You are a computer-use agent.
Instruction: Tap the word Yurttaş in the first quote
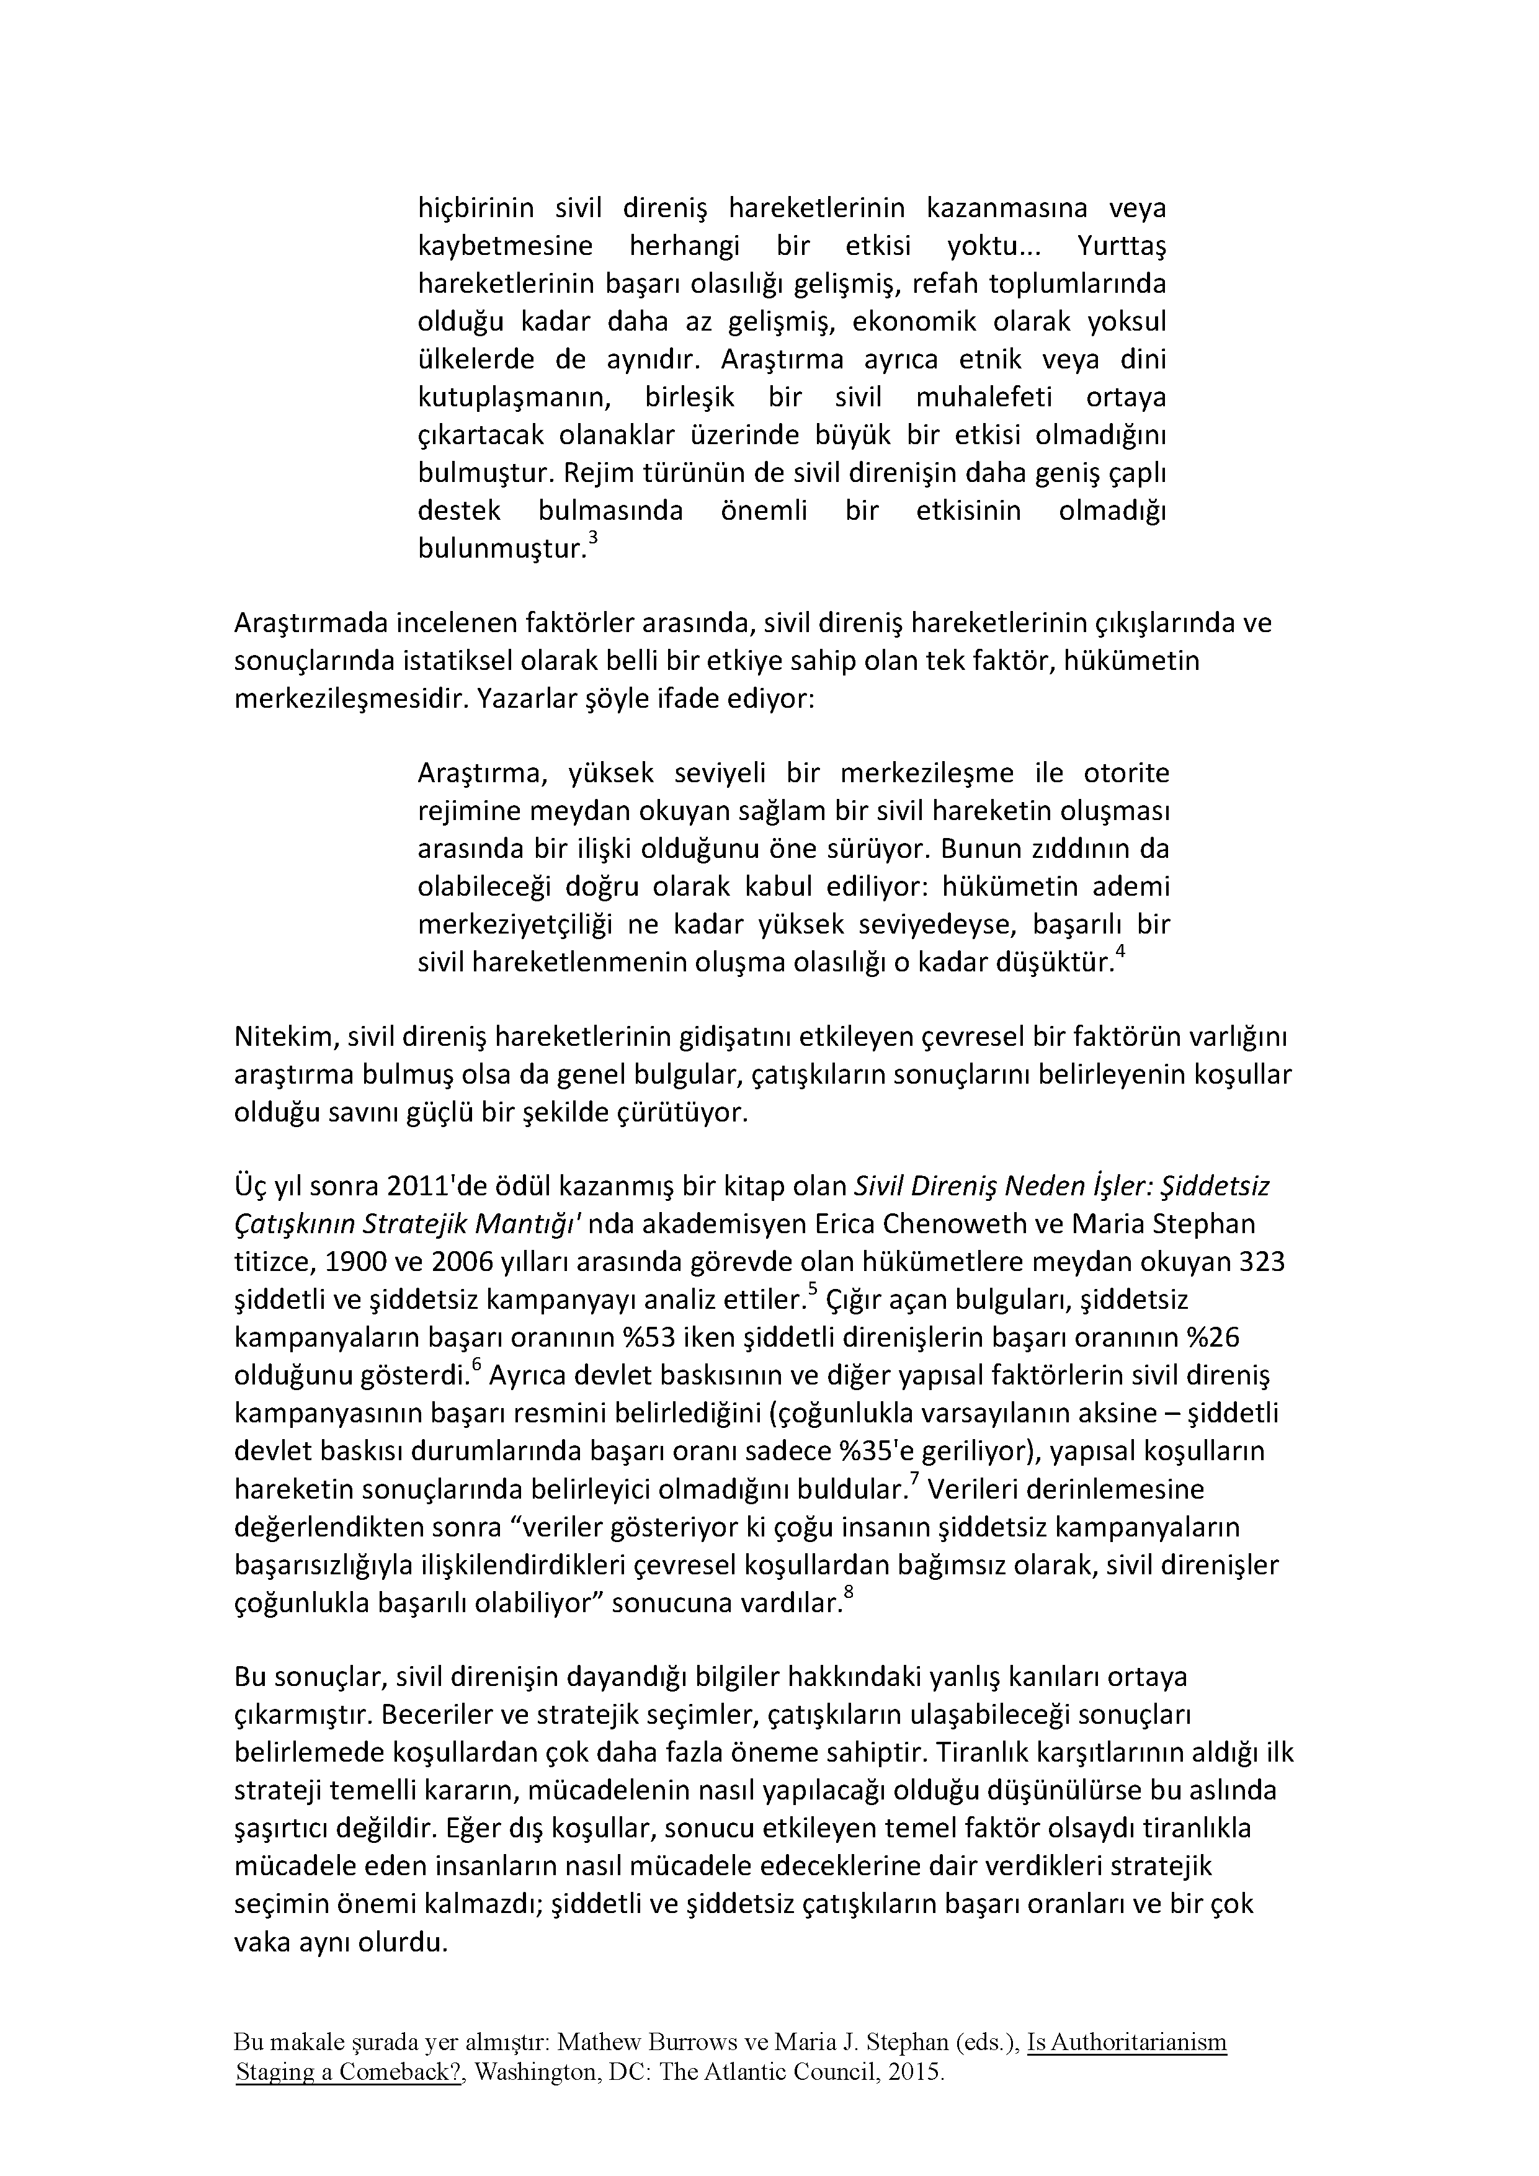[x=1121, y=246]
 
